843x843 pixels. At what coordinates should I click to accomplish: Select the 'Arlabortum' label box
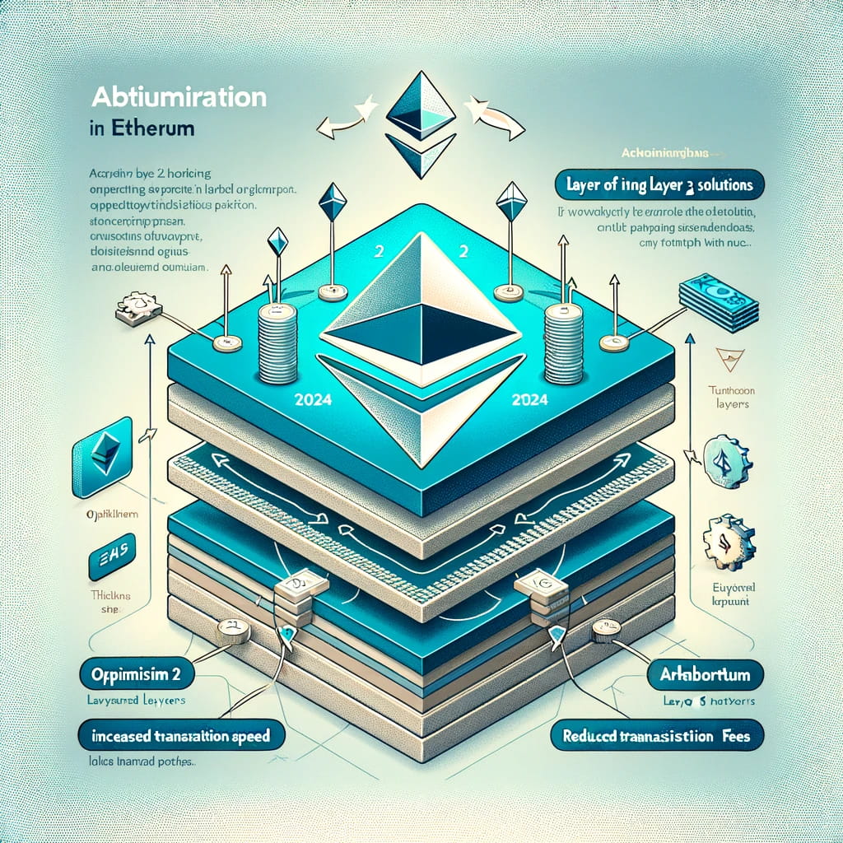pos(706,675)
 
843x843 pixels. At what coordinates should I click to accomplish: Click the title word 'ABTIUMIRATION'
pos(178,97)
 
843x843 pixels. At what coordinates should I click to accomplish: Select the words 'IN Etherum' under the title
pos(139,129)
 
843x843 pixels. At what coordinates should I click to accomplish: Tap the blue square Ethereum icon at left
pos(102,456)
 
